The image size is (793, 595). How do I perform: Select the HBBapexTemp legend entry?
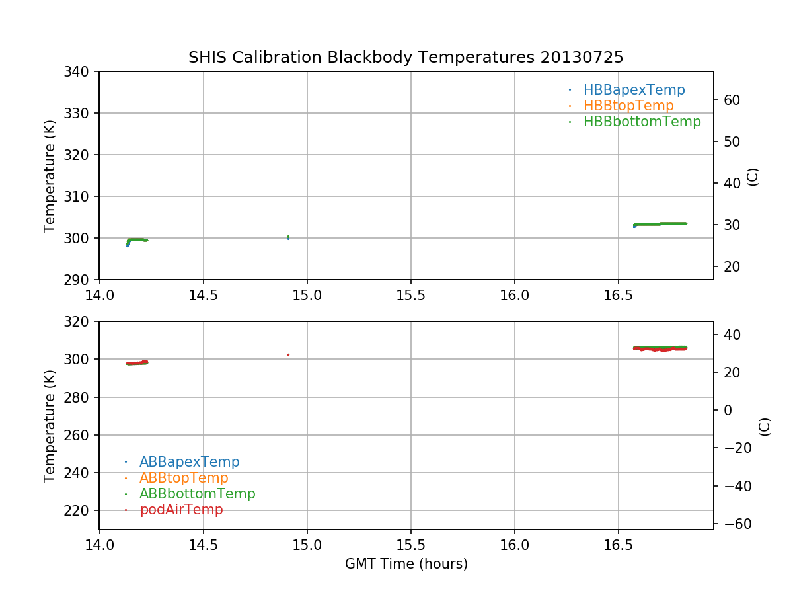tap(634, 90)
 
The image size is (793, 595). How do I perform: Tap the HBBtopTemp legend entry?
tap(628, 106)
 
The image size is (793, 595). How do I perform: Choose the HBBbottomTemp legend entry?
tap(642, 122)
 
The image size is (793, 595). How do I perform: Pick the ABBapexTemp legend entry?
tap(189, 462)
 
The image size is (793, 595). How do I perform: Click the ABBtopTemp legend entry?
tap(183, 478)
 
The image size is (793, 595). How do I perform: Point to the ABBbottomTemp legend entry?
tap(197, 494)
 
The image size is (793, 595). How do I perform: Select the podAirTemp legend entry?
tap(181, 510)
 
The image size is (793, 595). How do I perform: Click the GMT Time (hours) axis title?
tap(406, 564)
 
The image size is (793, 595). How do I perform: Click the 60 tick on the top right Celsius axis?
tap(732, 100)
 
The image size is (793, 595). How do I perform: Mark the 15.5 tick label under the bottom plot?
tap(410, 543)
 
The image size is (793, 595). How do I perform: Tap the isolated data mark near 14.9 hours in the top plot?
tap(288, 237)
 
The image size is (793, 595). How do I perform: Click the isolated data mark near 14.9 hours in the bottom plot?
tap(288, 355)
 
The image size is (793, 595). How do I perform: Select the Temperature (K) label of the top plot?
tap(50, 176)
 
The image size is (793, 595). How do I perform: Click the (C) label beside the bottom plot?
tap(765, 426)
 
